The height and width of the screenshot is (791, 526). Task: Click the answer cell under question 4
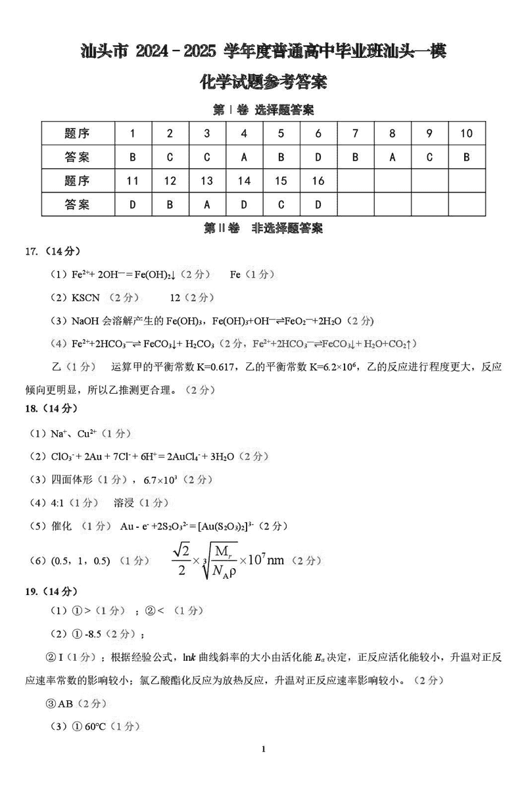click(x=244, y=157)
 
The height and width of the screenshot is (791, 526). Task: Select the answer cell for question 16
click(x=318, y=204)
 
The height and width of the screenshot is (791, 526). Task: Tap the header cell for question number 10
click(x=466, y=133)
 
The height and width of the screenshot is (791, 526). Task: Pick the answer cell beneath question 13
click(x=207, y=204)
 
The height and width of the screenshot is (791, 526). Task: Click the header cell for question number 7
click(x=355, y=133)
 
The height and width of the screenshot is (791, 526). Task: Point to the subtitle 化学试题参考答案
click(x=263, y=83)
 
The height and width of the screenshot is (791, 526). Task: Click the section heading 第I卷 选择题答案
click(x=263, y=109)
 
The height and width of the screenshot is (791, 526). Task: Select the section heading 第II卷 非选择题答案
click(x=263, y=228)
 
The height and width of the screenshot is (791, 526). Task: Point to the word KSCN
click(x=85, y=298)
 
